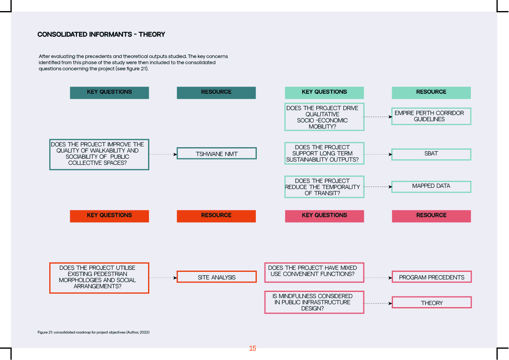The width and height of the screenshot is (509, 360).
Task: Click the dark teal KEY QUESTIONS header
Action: [x=109, y=93]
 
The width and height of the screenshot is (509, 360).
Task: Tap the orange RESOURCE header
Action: [x=216, y=216]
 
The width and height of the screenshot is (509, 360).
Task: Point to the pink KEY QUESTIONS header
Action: [x=324, y=216]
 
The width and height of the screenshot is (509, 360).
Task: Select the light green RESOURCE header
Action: [x=431, y=93]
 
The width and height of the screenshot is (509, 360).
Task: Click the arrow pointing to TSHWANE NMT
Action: [x=163, y=155]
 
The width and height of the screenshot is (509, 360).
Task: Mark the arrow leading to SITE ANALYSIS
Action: [x=163, y=278]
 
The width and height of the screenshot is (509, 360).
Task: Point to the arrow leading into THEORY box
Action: [x=378, y=303]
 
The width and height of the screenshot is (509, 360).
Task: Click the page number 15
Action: [x=253, y=348]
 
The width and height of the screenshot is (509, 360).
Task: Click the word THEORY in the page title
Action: [x=152, y=34]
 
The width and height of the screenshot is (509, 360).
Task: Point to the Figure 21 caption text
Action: [x=94, y=332]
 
